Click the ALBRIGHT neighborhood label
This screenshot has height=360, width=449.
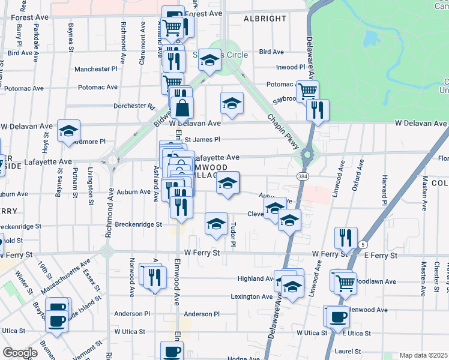point(265,19)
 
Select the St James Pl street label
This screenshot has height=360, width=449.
point(202,140)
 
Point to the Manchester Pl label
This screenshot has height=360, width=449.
point(96,69)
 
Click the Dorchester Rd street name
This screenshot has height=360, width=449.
point(134,106)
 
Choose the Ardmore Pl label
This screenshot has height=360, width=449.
point(89,142)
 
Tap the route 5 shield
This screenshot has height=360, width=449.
point(363,244)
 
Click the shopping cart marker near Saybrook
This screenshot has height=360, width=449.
point(307,91)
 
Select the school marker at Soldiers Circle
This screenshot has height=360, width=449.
point(210,60)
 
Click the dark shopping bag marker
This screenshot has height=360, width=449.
point(184,108)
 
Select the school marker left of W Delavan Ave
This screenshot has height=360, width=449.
point(69,130)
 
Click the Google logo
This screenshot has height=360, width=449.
point(20,353)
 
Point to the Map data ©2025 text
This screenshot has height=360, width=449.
point(423,355)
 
